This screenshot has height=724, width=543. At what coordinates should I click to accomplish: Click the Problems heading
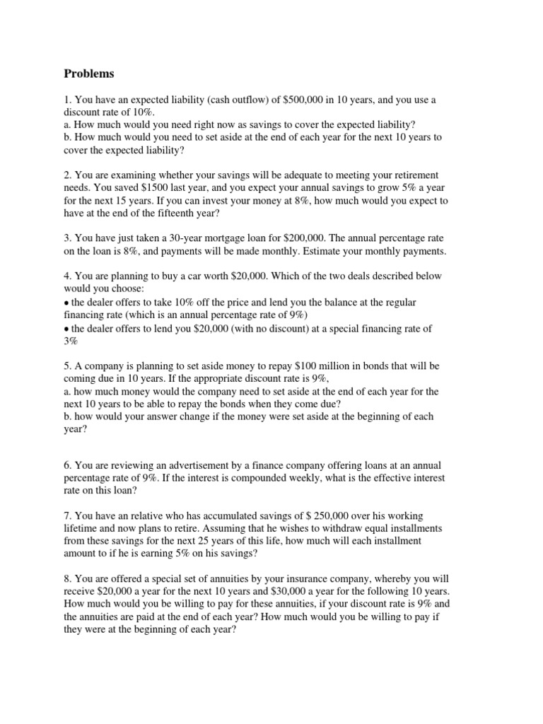90,74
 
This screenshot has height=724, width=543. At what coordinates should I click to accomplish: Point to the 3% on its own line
72,341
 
